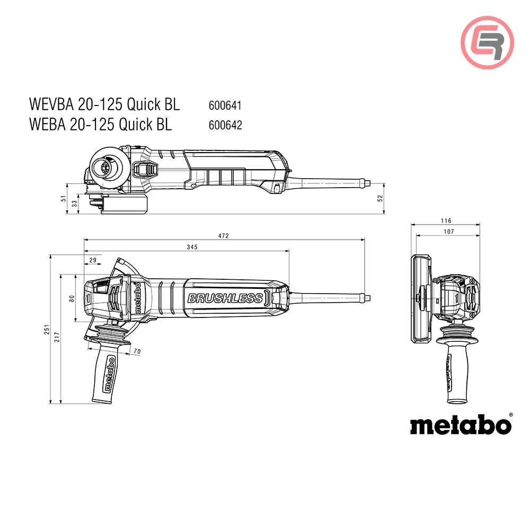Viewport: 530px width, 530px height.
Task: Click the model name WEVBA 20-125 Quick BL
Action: point(104,104)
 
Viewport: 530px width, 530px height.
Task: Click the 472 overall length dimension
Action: point(224,236)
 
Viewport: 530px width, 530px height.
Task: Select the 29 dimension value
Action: point(93,260)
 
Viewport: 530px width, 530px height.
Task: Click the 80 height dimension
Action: point(72,298)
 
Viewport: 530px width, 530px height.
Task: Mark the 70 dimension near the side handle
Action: point(137,351)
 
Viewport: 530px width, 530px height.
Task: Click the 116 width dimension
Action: point(446,220)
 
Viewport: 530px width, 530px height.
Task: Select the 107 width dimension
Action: point(448,231)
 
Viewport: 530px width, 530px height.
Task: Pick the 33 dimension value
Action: point(74,202)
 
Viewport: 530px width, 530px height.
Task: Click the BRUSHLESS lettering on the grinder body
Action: point(225,298)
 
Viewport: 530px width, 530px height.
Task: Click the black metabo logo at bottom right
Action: point(460,425)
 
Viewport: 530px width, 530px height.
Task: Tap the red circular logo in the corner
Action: point(487,42)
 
